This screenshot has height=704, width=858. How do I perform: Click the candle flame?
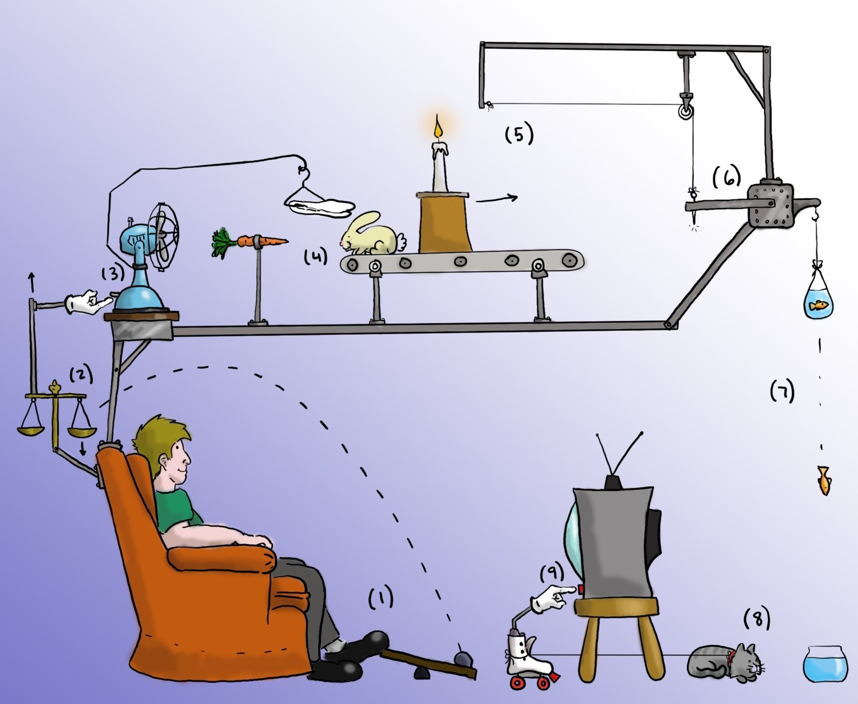(438, 127)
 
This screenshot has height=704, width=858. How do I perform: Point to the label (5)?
(519, 135)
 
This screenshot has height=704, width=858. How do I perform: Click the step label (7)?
(782, 392)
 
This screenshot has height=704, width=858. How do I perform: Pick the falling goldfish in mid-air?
(823, 479)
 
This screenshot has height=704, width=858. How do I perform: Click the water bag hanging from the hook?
(819, 298)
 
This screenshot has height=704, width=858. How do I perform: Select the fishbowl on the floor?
(824, 664)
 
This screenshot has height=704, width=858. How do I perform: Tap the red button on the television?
(582, 590)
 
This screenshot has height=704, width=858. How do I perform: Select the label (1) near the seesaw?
(380, 598)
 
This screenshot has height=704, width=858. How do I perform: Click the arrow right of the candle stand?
(496, 199)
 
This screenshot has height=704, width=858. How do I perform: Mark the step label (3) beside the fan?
(113, 273)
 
